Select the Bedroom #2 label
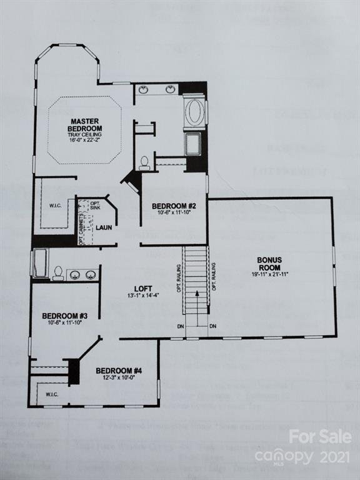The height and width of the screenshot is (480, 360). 174,206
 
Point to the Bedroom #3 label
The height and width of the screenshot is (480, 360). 64,316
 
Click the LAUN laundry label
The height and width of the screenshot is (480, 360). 104,227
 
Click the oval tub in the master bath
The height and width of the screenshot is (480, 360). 194,113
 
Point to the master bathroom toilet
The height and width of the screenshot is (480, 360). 144,163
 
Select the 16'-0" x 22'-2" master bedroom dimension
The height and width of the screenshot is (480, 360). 86,141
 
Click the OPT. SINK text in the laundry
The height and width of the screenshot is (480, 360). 95,207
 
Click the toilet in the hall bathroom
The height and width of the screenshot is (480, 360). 57,273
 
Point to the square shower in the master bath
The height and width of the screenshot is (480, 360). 193,143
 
